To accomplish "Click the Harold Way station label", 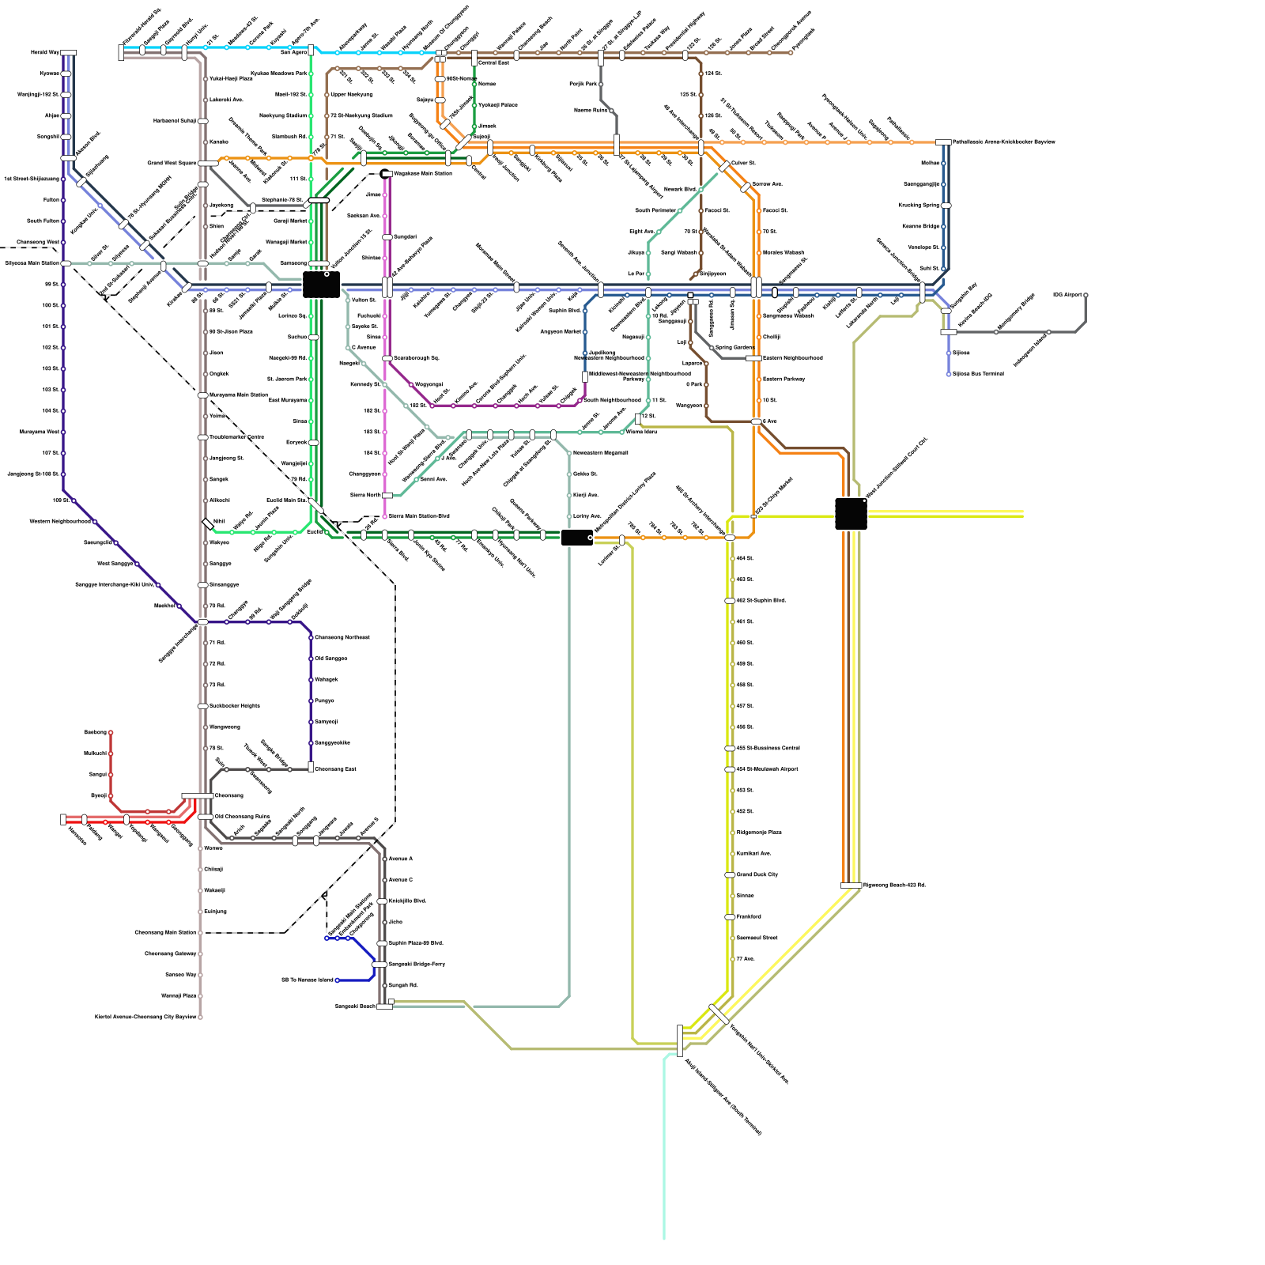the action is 44,53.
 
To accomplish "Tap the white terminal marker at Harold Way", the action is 69,53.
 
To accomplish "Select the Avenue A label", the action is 400,859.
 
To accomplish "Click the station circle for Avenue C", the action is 385,880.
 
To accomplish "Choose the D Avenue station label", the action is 364,347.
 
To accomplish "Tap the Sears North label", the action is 365,496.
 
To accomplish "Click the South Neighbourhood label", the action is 612,401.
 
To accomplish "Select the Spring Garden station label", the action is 734,348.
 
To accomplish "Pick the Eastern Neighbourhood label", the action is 792,358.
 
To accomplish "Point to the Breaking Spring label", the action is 919,206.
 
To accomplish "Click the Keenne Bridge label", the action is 921,227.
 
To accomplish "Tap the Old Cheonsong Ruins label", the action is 242,817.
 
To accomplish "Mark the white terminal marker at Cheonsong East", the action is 311,767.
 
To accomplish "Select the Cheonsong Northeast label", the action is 342,637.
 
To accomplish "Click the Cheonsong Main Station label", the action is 164,933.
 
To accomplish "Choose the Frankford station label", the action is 749,917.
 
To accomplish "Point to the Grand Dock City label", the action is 757,874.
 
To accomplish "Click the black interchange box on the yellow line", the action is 851,514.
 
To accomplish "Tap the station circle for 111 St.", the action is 312,179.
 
